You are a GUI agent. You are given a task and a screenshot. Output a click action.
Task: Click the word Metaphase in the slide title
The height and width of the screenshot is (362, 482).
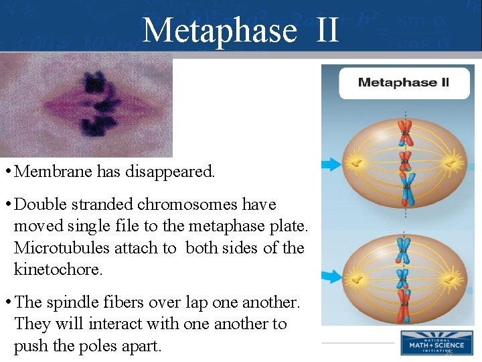tap(220, 30)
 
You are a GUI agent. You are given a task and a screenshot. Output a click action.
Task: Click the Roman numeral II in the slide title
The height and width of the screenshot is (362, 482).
tap(326, 30)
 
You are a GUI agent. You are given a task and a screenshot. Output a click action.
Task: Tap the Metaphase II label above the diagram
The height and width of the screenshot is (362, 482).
tap(403, 83)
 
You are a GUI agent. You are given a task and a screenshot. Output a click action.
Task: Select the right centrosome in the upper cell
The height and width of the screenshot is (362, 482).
tap(452, 163)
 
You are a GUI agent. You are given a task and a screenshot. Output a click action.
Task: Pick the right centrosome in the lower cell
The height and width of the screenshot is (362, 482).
tap(452, 276)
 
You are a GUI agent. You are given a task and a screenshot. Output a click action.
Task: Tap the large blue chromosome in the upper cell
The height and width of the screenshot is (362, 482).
tap(405, 187)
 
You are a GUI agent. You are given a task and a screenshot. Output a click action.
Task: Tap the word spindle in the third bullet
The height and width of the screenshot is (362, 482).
tap(74, 302)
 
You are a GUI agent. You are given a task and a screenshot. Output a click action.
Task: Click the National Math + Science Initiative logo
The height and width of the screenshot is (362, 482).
tap(436, 343)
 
